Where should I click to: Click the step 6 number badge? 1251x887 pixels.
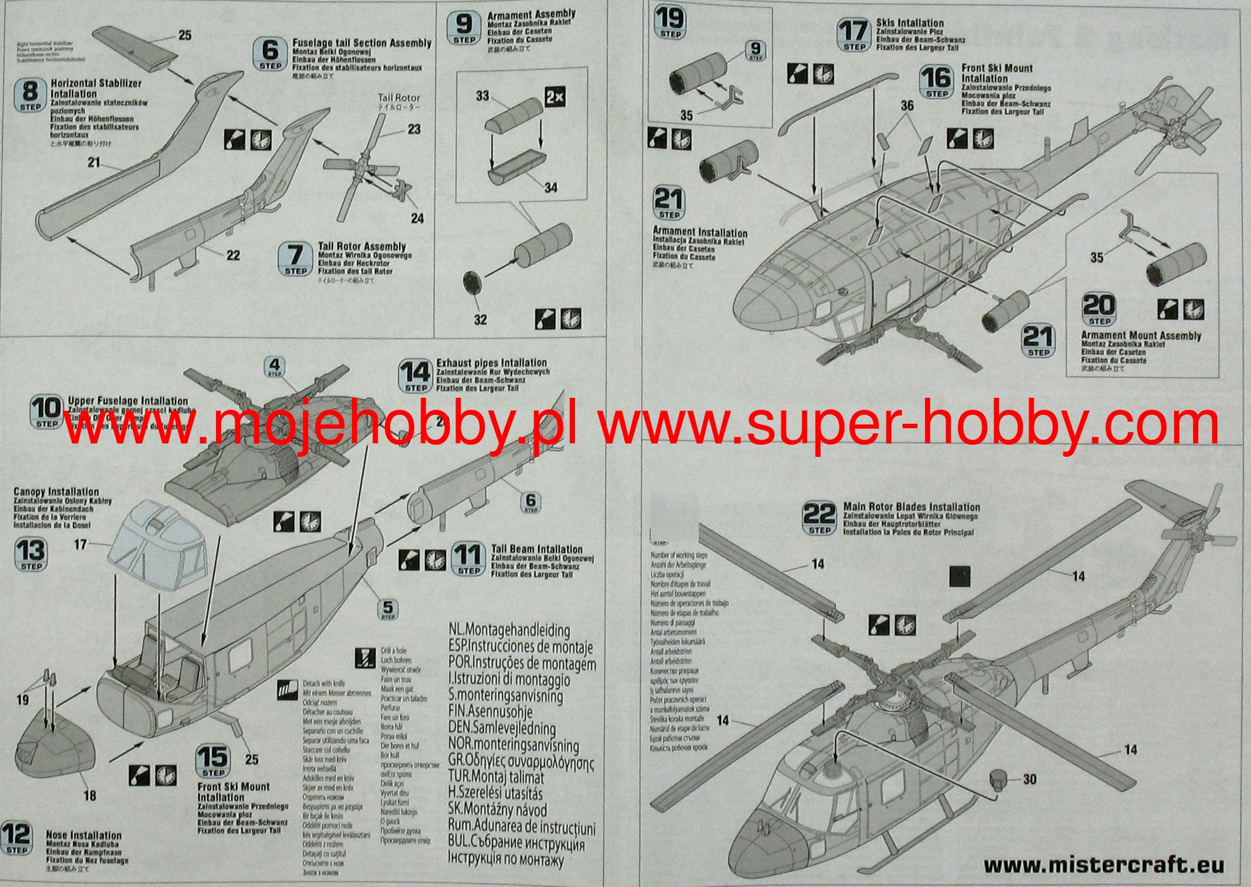(270, 53)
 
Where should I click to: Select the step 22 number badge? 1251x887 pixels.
(820, 518)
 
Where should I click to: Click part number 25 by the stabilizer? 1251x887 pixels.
(184, 36)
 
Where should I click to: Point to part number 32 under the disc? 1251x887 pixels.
(480, 320)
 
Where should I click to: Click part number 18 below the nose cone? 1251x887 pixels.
(90, 796)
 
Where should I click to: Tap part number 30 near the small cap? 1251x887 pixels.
(1030, 779)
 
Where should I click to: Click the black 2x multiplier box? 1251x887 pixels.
(555, 97)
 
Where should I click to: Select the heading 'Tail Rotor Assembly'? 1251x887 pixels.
(362, 247)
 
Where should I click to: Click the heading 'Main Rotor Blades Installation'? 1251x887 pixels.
(911, 507)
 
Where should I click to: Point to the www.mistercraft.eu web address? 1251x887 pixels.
(1103, 865)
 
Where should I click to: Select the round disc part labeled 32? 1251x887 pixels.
(473, 281)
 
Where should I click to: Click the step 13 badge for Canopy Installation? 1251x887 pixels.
(31, 554)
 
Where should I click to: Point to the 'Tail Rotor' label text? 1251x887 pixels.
(399, 98)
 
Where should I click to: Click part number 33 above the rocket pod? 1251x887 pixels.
(483, 95)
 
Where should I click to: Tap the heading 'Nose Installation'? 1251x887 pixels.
(83, 835)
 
